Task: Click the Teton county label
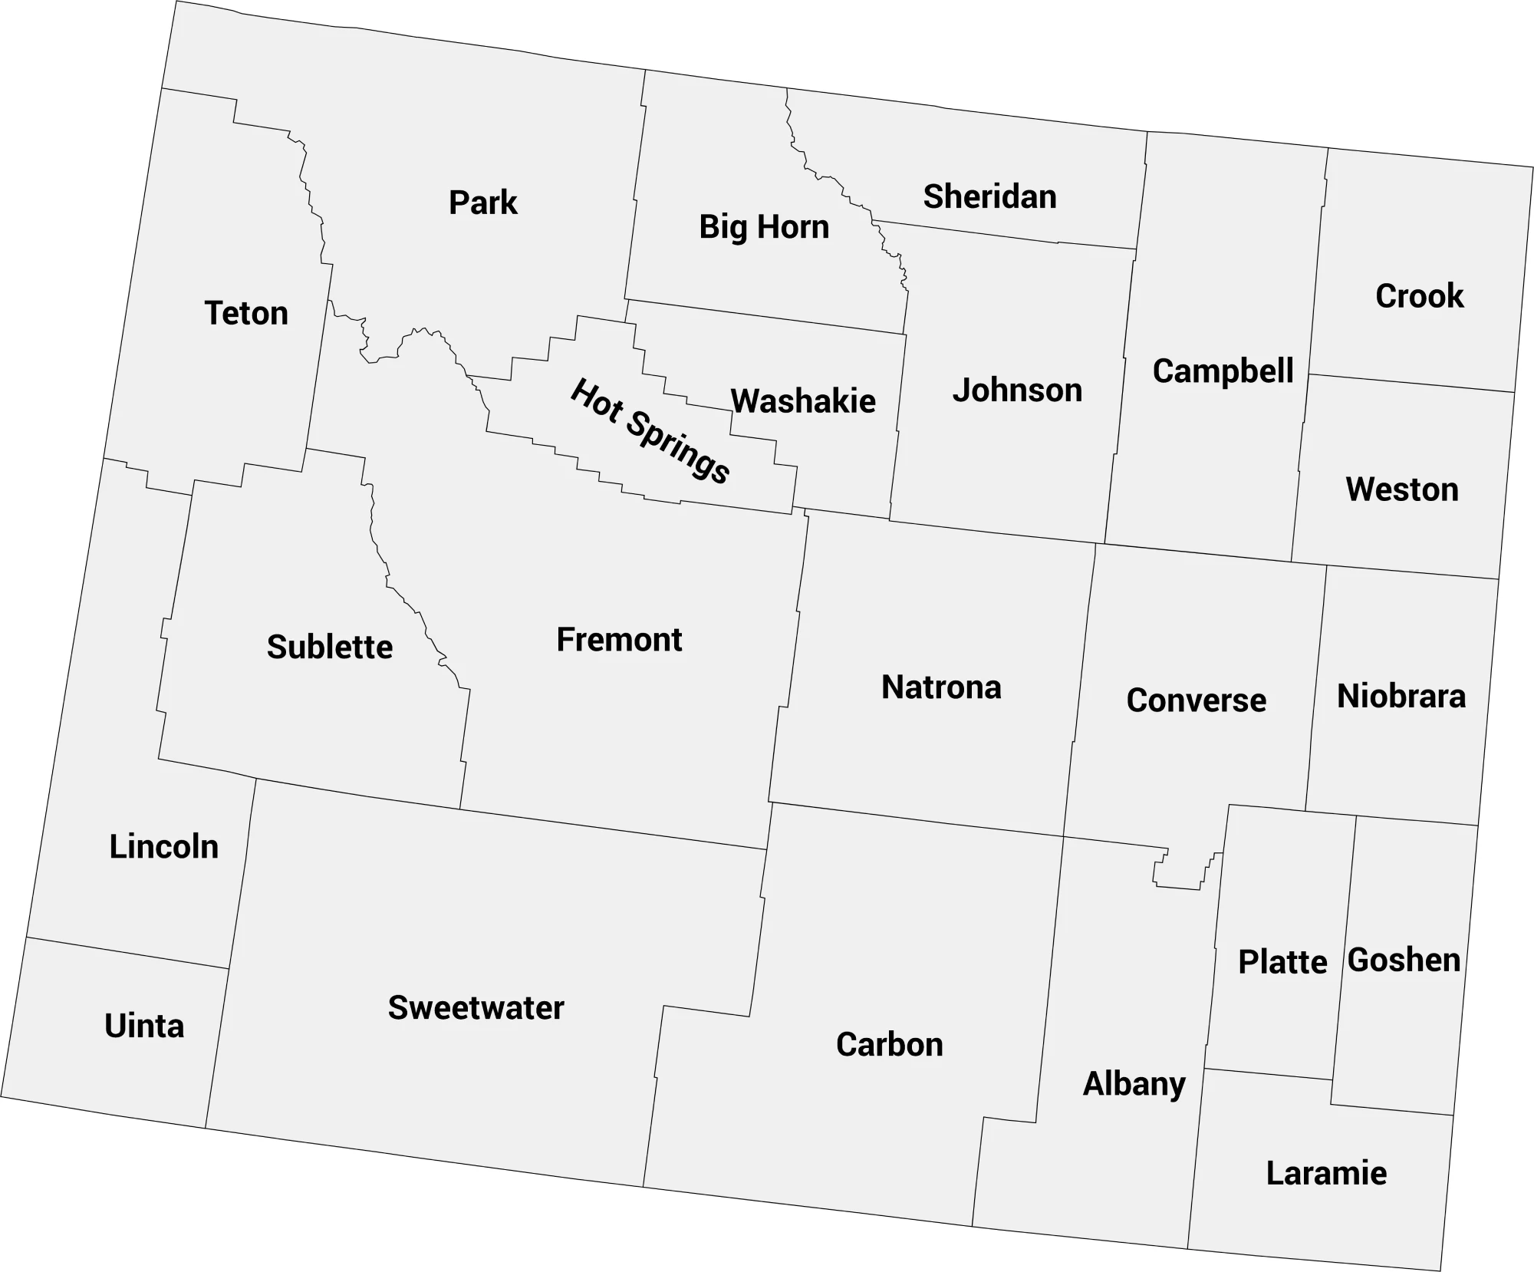[x=246, y=313]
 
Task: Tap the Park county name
[x=483, y=203]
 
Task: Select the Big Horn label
[x=764, y=227]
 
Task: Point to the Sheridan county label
[x=989, y=196]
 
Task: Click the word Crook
[x=1419, y=296]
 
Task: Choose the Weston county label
[x=1402, y=489]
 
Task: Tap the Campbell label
[x=1223, y=371]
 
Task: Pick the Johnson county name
[x=1017, y=390]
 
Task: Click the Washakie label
[x=803, y=401]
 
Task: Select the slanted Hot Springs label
[x=650, y=431]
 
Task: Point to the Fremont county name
[x=619, y=640]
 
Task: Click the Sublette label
[x=330, y=648]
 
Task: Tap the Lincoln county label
[x=164, y=847]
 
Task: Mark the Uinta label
[x=144, y=1026]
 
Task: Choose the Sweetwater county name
[x=476, y=1008]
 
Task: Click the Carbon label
[x=889, y=1045]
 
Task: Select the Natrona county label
[x=941, y=687]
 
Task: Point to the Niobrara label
[x=1401, y=697]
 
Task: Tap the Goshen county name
[x=1404, y=961]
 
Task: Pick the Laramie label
[x=1326, y=1174]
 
